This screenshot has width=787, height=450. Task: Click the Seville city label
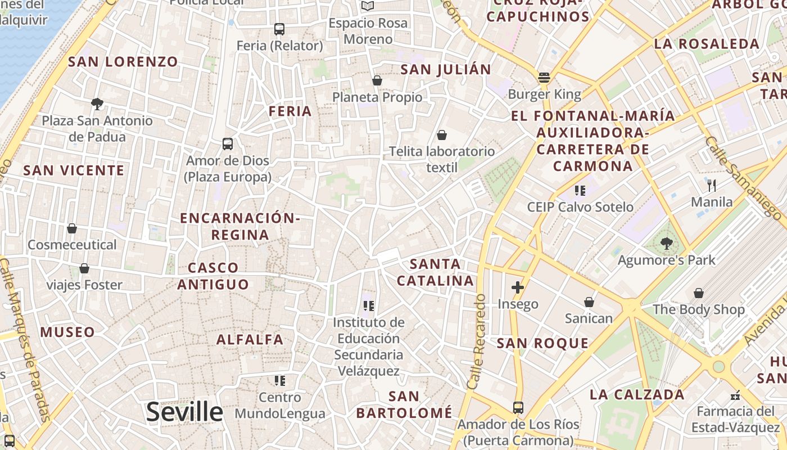(x=184, y=412)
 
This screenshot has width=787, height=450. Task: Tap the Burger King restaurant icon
(x=544, y=78)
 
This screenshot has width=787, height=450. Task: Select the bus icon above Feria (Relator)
(x=279, y=29)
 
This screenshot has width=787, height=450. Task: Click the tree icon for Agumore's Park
(x=666, y=244)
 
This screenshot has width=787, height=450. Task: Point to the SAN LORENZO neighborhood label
(x=123, y=62)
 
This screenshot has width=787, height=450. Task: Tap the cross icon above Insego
(x=518, y=288)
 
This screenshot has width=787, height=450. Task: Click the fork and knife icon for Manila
(x=712, y=185)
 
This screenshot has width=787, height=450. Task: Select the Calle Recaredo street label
(x=476, y=341)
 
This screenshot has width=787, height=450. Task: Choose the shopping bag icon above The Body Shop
(x=698, y=293)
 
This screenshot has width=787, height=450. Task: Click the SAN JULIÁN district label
(x=446, y=70)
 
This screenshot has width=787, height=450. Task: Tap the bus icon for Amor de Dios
(x=228, y=144)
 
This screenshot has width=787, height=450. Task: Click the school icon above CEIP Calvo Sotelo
(x=580, y=191)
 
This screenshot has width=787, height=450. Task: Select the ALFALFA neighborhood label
(x=250, y=339)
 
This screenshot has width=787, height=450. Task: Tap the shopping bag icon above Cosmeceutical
(x=72, y=228)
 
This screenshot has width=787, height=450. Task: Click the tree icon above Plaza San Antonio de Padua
(x=97, y=103)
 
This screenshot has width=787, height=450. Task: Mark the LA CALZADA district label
(x=637, y=395)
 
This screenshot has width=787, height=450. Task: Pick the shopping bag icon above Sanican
(x=589, y=302)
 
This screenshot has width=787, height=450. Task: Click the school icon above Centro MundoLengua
(x=279, y=381)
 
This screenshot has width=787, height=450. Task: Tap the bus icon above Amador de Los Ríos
(x=518, y=408)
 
